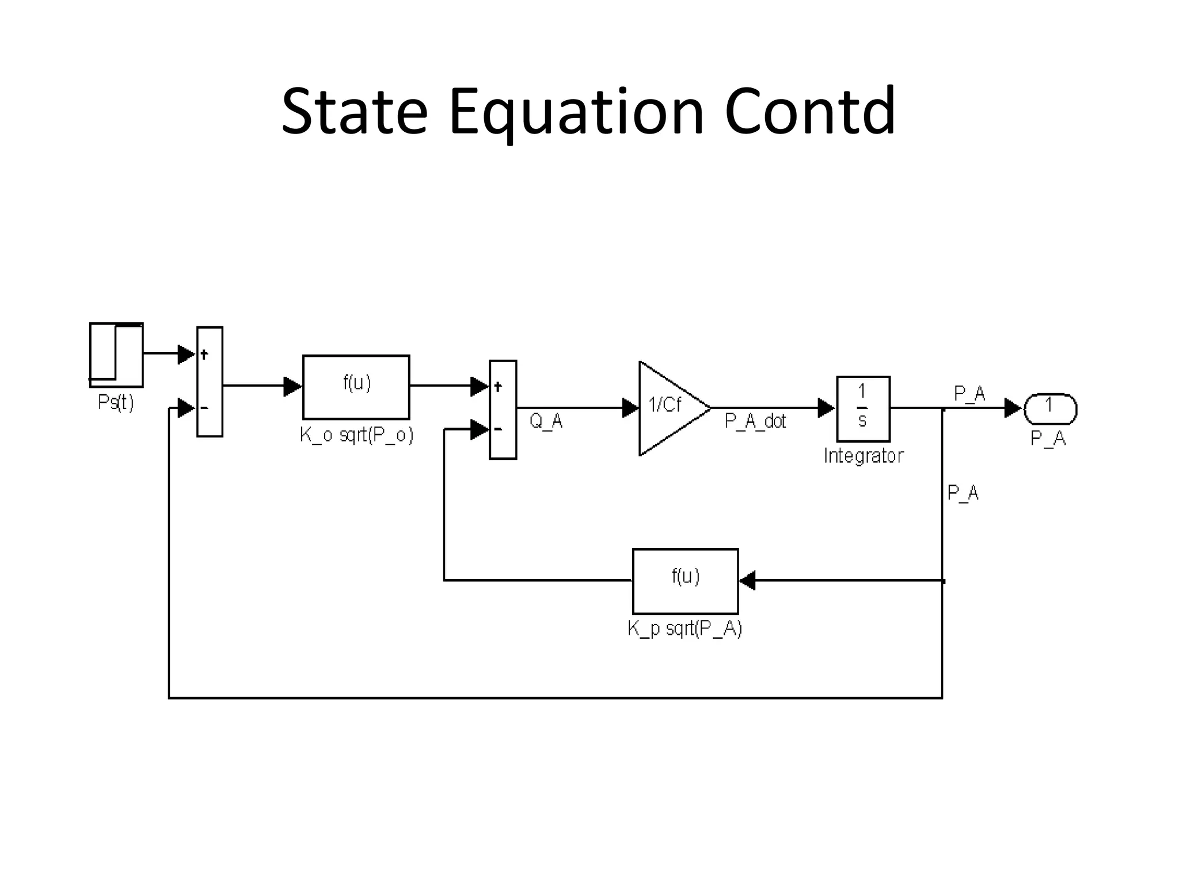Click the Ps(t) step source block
click(116, 355)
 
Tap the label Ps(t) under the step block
click(116, 402)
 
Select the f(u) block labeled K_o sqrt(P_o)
click(356, 387)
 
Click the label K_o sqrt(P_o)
click(356, 435)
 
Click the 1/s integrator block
click(862, 408)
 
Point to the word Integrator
click(863, 456)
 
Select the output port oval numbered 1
click(1049, 408)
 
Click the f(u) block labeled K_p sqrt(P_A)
click(685, 581)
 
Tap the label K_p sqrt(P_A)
click(684, 628)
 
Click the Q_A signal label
click(545, 421)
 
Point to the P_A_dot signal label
click(755, 421)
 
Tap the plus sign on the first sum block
click(204, 355)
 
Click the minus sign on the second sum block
click(497, 429)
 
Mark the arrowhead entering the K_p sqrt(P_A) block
click(747, 581)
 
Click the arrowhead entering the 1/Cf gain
click(630, 408)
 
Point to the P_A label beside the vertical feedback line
click(963, 493)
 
